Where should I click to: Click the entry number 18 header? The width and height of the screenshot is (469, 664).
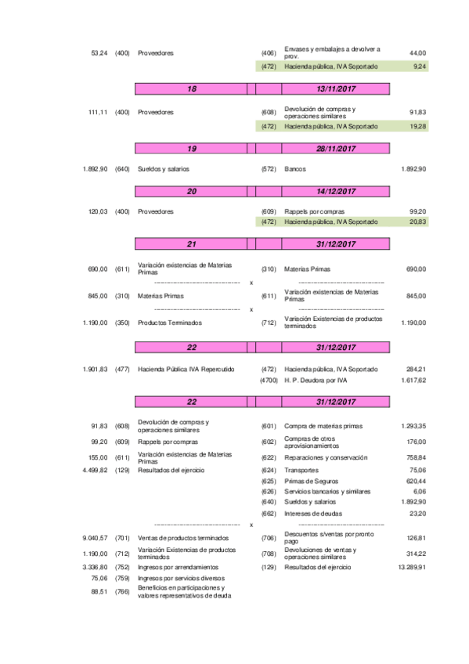click(192, 89)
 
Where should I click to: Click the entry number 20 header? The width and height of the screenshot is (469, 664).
click(192, 191)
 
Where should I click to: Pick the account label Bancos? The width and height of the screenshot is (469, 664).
click(295, 169)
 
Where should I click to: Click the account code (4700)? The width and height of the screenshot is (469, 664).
click(269, 380)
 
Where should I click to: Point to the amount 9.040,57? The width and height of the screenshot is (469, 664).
click(94, 539)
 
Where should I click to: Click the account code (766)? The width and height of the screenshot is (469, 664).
click(122, 591)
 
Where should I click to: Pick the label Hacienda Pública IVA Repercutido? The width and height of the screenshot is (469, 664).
click(186, 369)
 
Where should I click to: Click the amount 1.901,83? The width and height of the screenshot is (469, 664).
click(95, 369)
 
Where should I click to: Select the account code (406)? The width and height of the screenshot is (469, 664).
click(269, 53)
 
